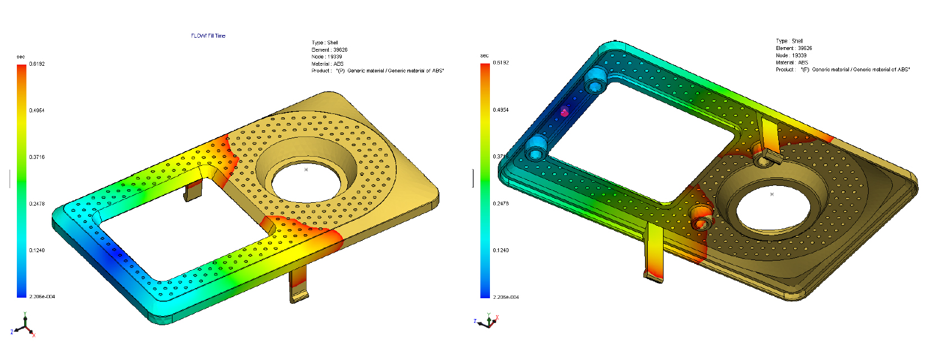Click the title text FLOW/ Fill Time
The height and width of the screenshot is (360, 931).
(x=208, y=36)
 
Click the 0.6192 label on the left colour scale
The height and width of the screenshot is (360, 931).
(x=37, y=64)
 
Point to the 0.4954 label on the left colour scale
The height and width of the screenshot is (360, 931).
(x=37, y=111)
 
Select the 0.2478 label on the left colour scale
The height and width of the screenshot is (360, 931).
(x=37, y=204)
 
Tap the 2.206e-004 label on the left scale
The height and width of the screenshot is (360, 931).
(x=42, y=297)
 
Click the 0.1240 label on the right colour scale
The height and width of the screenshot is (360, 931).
(x=501, y=250)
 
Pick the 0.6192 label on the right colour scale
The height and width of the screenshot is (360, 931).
(x=501, y=63)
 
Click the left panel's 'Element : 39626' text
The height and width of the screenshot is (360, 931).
(x=329, y=50)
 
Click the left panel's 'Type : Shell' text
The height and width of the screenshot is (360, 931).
(x=325, y=43)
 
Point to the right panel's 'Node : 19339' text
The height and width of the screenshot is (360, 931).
(x=791, y=56)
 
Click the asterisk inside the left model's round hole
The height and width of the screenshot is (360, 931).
(x=306, y=170)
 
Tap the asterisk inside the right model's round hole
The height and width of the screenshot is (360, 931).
(x=772, y=194)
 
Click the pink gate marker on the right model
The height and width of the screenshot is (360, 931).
(x=565, y=112)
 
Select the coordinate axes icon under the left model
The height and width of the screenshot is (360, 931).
(x=24, y=326)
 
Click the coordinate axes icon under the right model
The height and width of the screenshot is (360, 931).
(x=488, y=321)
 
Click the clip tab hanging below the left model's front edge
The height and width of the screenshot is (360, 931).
(x=298, y=286)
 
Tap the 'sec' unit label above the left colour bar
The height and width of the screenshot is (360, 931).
(x=21, y=57)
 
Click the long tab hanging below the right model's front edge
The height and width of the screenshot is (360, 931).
(x=654, y=253)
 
